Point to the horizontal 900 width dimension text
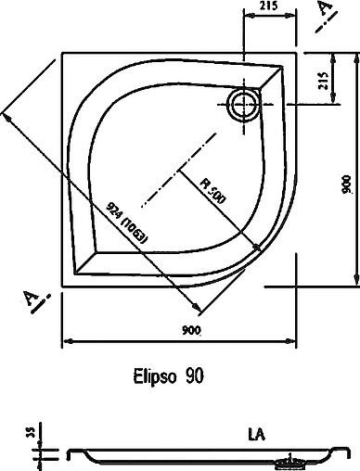click(191, 332)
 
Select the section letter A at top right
click(324, 11)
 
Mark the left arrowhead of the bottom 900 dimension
click(65, 342)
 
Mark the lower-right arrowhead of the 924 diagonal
click(196, 310)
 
